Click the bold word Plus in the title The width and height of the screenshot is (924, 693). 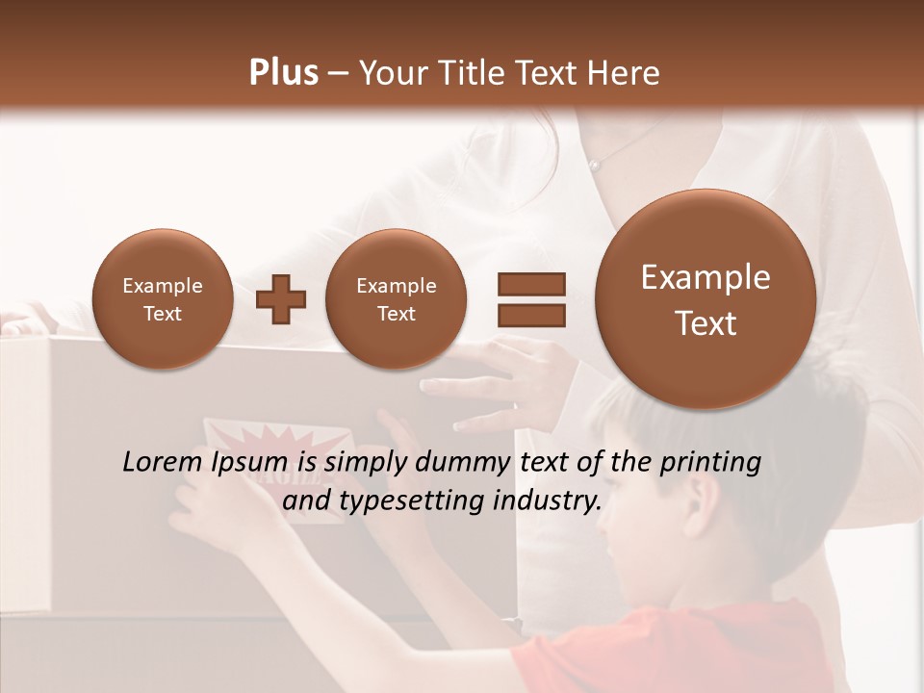(x=283, y=72)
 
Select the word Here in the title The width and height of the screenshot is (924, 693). (x=625, y=72)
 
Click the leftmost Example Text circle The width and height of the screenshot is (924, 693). (x=162, y=299)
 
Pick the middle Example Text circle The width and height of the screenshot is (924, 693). (x=396, y=299)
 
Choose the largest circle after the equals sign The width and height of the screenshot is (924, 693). (x=706, y=299)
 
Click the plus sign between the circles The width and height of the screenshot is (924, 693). (x=281, y=299)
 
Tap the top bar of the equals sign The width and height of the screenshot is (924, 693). (x=530, y=284)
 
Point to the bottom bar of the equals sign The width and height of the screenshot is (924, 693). (x=530, y=315)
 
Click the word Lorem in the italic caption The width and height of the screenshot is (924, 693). (x=161, y=462)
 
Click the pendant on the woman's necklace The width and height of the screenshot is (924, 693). (x=595, y=166)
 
